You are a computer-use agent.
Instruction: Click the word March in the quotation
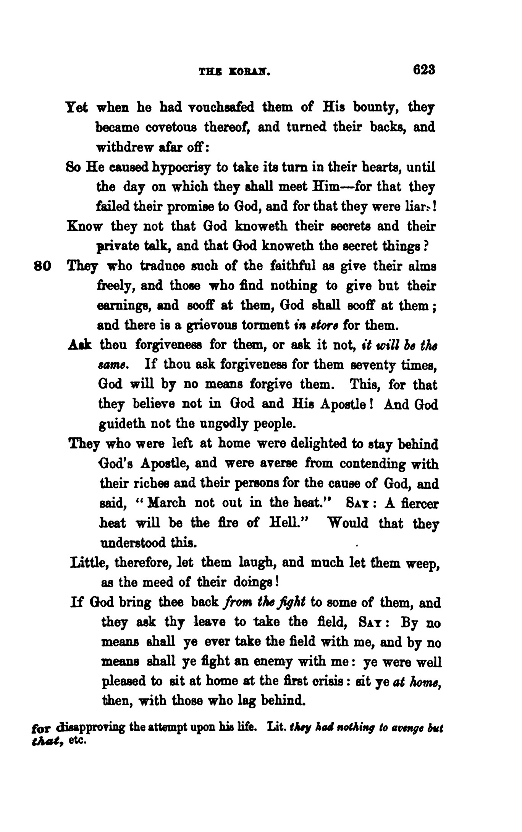click(166, 503)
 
